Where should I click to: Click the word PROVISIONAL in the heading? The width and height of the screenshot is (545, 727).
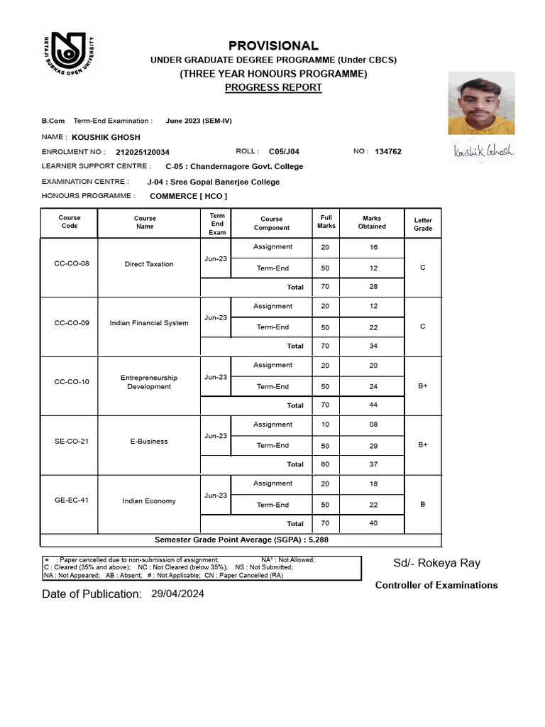point(273,45)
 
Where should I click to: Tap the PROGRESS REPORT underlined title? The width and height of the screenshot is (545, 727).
point(273,87)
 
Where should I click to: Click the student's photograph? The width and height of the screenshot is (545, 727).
point(481,106)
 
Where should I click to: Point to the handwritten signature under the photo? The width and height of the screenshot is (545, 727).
point(483,151)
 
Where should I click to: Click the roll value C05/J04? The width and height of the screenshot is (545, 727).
point(284,151)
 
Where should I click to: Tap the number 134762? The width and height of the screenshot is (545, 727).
point(388,151)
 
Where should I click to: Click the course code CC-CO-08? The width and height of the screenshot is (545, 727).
point(72,264)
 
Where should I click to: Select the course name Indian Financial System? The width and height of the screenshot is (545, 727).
point(149,323)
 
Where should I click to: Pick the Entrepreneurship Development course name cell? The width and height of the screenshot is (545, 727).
point(149,382)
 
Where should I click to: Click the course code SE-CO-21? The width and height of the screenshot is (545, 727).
point(72,441)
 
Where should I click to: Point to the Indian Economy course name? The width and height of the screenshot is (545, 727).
point(149,501)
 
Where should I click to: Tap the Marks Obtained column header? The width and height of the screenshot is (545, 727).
point(372,222)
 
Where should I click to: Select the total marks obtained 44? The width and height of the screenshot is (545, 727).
point(373,405)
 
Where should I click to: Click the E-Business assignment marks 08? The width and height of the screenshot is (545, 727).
point(373,425)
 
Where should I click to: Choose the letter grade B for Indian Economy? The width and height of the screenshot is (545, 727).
point(423,504)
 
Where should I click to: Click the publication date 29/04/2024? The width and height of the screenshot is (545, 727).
point(177,594)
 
